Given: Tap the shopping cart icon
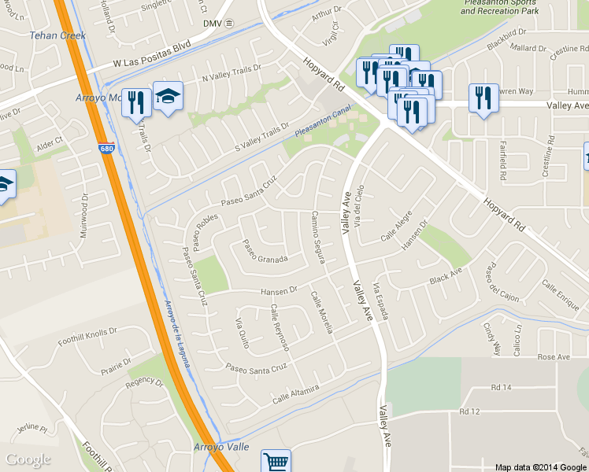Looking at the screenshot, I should (x=276, y=461).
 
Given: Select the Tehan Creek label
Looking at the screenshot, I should (x=57, y=35).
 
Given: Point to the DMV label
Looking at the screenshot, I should (x=213, y=24).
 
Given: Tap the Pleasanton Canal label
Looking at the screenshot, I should (x=321, y=122).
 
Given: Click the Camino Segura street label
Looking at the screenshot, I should (x=318, y=234).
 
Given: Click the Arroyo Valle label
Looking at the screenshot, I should (x=221, y=447).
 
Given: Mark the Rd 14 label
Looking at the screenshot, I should (x=501, y=387).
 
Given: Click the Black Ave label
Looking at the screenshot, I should (x=445, y=276).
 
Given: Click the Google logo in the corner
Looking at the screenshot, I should (x=28, y=459).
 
